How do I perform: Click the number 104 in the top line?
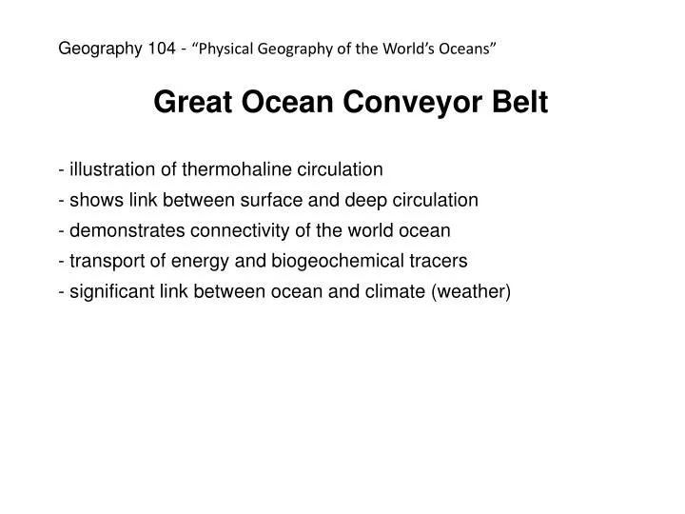pyautogui.click(x=161, y=49)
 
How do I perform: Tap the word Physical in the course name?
pyautogui.click(x=224, y=49)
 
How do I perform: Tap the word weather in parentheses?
pyautogui.click(x=471, y=291)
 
